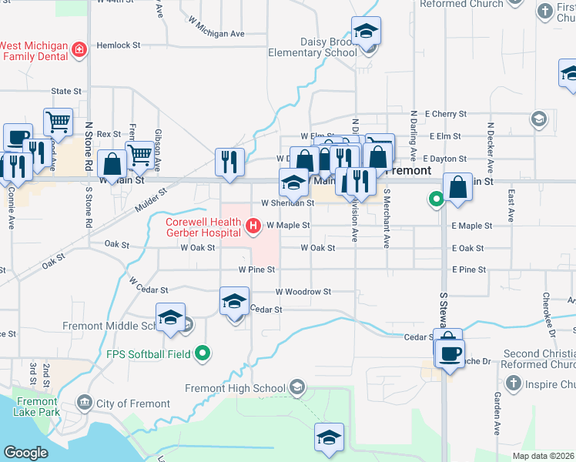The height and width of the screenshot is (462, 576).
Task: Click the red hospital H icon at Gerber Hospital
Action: click(253, 226)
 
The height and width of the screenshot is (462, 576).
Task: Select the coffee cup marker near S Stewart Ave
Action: click(450, 353)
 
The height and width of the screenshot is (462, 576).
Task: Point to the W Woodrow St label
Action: click(303, 292)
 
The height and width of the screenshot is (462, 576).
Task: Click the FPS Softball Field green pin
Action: click(203, 354)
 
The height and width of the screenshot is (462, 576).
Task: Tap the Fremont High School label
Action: click(236, 387)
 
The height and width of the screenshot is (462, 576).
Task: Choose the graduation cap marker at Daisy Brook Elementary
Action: click(366, 32)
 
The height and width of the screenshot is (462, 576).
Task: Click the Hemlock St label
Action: click(119, 45)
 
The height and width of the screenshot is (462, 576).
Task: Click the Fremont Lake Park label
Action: click(35, 407)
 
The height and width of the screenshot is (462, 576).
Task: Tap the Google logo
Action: click(25, 453)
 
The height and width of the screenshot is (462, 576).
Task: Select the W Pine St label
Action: click(256, 269)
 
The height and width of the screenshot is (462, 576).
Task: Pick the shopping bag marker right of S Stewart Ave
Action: click(457, 187)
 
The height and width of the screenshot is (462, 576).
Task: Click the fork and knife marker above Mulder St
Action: click(229, 162)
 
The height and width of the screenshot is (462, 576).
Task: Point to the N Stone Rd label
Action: click(89, 146)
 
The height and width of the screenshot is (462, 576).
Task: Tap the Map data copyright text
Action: click(542, 456)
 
